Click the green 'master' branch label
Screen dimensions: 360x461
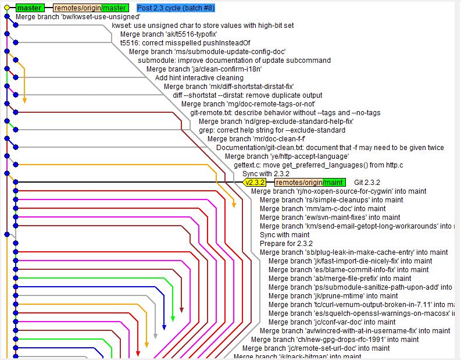click(x=29, y=8)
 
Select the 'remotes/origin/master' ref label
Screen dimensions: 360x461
click(x=90, y=8)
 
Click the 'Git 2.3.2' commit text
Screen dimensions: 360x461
click(x=367, y=183)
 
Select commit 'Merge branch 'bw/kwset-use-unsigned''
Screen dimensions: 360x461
click(x=78, y=17)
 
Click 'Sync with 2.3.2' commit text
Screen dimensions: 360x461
click(x=266, y=174)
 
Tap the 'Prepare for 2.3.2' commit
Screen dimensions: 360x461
click(x=286, y=244)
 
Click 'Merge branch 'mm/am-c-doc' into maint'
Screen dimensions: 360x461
click(x=323, y=209)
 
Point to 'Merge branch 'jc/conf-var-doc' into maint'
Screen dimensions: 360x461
click(x=340, y=322)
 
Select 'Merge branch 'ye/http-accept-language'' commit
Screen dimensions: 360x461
click(x=287, y=156)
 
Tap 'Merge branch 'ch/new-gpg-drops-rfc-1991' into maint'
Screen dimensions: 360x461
click(x=335, y=340)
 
